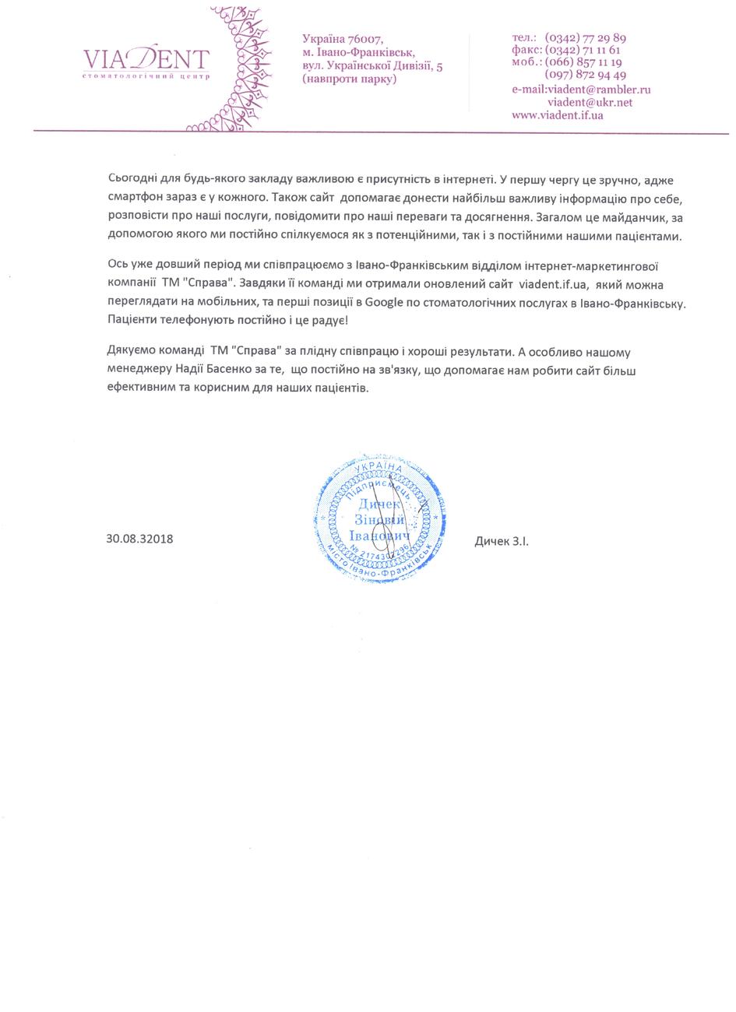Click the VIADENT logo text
(x=146, y=58)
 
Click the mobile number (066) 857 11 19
(x=583, y=62)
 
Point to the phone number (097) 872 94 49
(x=586, y=75)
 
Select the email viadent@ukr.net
(x=590, y=102)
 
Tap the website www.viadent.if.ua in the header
(x=558, y=114)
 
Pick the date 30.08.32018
(x=140, y=539)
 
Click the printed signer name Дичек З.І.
(x=502, y=540)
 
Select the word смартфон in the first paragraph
(x=136, y=199)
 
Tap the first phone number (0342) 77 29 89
(x=586, y=37)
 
